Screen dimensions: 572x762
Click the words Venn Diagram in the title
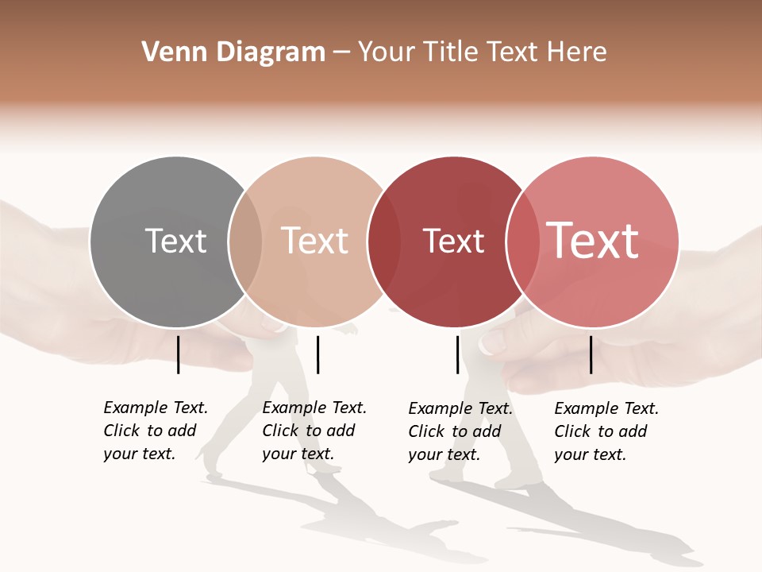(x=233, y=52)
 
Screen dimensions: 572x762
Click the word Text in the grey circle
(x=175, y=241)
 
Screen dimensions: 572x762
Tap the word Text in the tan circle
(x=314, y=241)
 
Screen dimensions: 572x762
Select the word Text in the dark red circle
(x=453, y=242)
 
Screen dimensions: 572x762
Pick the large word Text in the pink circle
(x=593, y=241)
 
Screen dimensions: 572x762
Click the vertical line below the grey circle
(x=179, y=354)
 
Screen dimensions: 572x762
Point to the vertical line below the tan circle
(x=317, y=354)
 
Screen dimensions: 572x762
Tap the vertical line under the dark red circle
(x=458, y=354)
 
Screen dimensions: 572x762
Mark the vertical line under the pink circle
(x=591, y=354)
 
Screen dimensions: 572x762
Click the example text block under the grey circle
(x=155, y=431)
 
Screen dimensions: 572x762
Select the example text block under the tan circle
(x=314, y=431)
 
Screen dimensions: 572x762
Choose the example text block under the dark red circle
(x=460, y=431)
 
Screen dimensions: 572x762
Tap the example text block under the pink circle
(x=606, y=431)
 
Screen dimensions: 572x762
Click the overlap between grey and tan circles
(x=245, y=242)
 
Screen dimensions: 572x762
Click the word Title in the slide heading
(x=450, y=52)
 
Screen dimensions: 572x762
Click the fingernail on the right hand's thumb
(x=492, y=342)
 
